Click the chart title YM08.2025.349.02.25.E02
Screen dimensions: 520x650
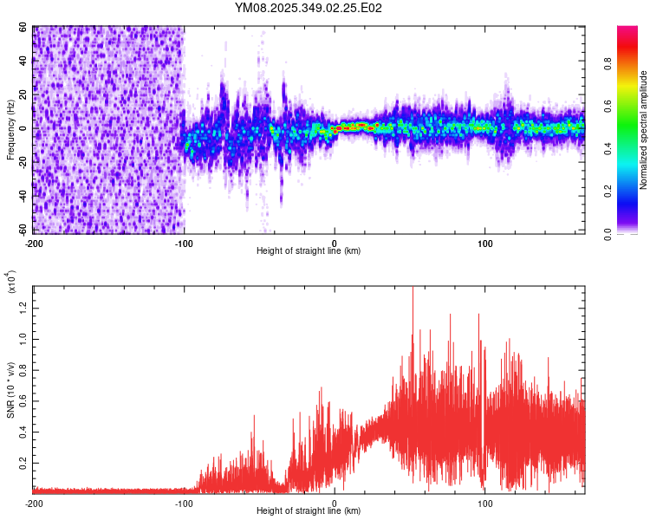click(x=309, y=9)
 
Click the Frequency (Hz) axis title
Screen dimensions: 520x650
click(x=10, y=130)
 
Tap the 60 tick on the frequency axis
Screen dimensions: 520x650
click(x=24, y=29)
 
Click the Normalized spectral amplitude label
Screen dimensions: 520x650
click(x=644, y=130)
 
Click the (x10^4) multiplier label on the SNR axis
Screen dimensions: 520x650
click(x=12, y=283)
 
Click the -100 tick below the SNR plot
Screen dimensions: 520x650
click(x=185, y=503)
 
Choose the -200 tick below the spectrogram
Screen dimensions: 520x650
click(x=35, y=243)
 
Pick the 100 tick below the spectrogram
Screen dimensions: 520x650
click(x=485, y=243)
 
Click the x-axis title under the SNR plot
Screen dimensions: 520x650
click(x=309, y=511)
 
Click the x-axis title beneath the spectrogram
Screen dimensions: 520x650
click(x=309, y=251)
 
